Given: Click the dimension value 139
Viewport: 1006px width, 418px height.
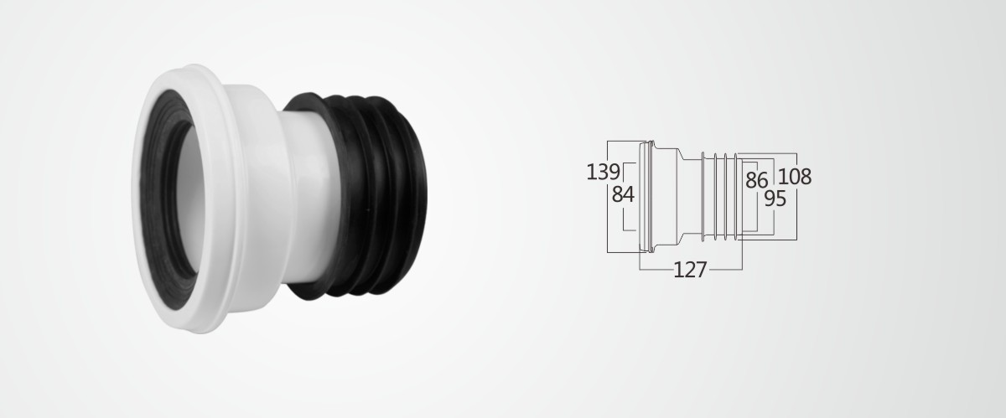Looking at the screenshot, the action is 603,172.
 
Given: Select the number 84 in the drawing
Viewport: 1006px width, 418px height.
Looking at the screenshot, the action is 623,195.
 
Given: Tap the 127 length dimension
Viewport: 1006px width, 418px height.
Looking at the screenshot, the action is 690,270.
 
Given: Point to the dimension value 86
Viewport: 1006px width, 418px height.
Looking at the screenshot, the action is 757,180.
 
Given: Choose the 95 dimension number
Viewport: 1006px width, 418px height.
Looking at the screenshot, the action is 775,199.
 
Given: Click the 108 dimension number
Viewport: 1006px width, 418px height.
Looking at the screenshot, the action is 795,177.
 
